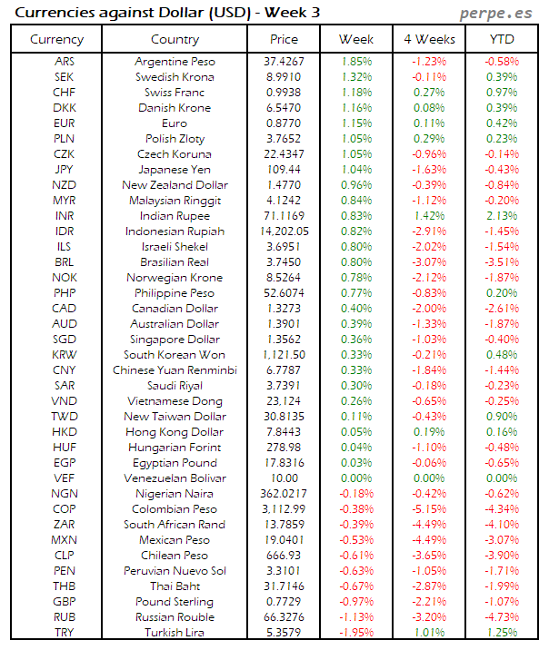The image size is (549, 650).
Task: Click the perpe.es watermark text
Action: coord(498,13)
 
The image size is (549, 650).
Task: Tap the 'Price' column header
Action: coord(284,39)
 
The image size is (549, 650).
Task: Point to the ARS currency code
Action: coord(65,62)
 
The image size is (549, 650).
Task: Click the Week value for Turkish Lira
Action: coord(355,633)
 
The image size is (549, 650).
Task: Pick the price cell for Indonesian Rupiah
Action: coord(284,231)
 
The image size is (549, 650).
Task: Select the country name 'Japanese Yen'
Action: coord(175,170)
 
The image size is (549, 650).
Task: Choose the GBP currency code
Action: coord(65,602)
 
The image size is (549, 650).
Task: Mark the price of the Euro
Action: coord(284,123)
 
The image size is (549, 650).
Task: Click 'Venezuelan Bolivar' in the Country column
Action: coord(175,478)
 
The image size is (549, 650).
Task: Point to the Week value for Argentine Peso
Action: coord(355,62)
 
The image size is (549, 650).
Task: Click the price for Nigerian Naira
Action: coord(284,494)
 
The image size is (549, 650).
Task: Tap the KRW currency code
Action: coord(65,355)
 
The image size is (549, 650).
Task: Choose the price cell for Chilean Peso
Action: coord(284,556)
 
